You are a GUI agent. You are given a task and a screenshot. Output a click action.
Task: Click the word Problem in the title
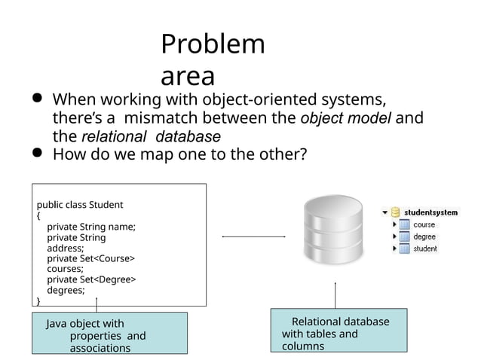tap(213, 44)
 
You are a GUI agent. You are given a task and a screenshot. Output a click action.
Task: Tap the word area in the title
tap(188, 76)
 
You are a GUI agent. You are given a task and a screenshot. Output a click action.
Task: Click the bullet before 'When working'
tap(37, 98)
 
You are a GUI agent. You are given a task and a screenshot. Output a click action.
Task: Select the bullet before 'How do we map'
tap(37, 152)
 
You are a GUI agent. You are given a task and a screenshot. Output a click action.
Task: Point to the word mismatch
tap(161, 117)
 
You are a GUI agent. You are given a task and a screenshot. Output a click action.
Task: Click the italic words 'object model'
tap(346, 118)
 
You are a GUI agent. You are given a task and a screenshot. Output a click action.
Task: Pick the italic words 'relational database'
tap(151, 136)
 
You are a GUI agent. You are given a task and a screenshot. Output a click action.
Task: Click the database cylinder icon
tap(333, 229)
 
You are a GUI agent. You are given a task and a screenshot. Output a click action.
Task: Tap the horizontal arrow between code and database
tap(253, 236)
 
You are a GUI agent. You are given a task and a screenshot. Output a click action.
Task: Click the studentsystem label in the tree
tap(430, 212)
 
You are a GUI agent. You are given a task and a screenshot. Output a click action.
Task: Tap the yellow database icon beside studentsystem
tap(395, 212)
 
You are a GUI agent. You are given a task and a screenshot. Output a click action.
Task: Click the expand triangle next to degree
tap(394, 236)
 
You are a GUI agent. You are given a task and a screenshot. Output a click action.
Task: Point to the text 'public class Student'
tap(80, 205)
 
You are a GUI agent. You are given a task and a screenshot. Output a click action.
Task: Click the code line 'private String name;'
tap(91, 227)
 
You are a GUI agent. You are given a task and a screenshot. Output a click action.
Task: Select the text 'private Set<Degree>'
tap(91, 279)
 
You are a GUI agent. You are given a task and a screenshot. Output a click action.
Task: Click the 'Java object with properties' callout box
tap(109, 333)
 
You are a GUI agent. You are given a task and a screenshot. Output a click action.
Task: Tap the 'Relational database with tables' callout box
tap(339, 331)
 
